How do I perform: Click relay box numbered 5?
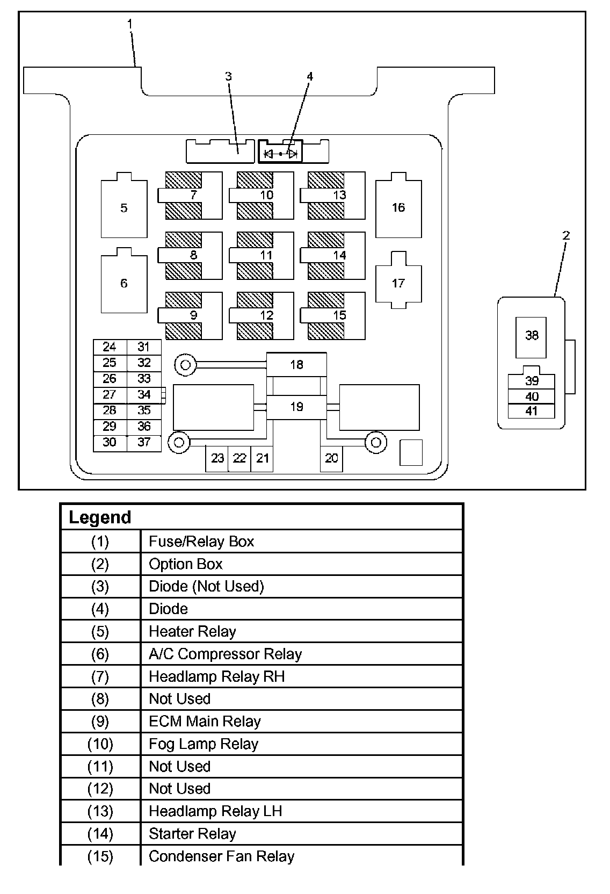click(124, 208)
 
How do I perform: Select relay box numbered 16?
click(398, 208)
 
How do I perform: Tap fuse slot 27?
click(110, 395)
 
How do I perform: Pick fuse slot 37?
click(144, 443)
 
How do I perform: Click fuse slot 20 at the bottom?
click(331, 458)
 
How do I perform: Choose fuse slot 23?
click(217, 458)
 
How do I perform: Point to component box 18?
click(296, 365)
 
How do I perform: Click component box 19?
click(296, 407)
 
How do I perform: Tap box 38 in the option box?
click(531, 336)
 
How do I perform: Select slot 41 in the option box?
click(531, 412)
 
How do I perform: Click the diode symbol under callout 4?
click(281, 154)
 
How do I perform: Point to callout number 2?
click(566, 235)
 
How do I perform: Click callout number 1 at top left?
click(130, 24)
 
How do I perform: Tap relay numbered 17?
click(398, 283)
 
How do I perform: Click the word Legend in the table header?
click(100, 517)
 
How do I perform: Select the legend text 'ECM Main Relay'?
click(205, 722)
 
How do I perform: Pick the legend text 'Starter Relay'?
click(192, 834)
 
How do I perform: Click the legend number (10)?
click(100, 744)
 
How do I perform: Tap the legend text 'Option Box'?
click(185, 564)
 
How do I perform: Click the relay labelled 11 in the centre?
click(266, 256)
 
